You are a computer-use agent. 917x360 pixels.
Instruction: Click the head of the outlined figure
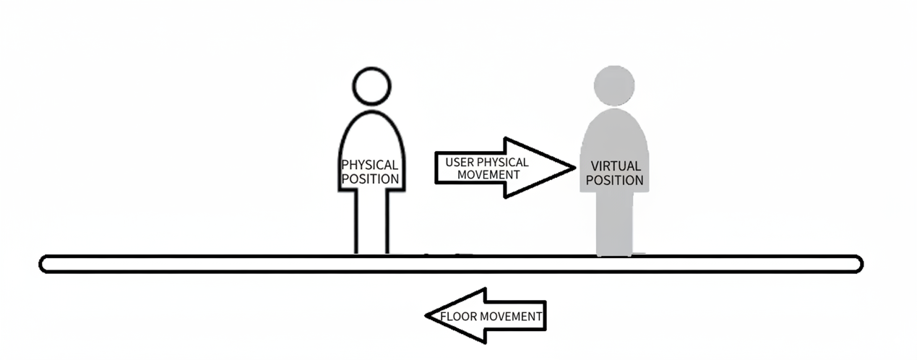[x=371, y=86]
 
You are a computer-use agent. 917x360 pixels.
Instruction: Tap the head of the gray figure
[x=614, y=85]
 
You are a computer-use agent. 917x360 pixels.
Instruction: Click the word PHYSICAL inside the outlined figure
[x=370, y=166]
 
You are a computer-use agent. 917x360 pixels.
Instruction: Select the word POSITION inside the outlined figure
[x=370, y=179]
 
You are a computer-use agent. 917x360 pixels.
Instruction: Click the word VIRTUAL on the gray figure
[x=614, y=166]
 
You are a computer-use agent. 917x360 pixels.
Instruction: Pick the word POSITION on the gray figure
[x=614, y=180]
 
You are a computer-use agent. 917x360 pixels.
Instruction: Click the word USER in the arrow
[x=460, y=162]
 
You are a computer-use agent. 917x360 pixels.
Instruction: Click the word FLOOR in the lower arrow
[x=457, y=316]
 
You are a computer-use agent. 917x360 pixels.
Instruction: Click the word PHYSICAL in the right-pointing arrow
[x=503, y=162]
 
